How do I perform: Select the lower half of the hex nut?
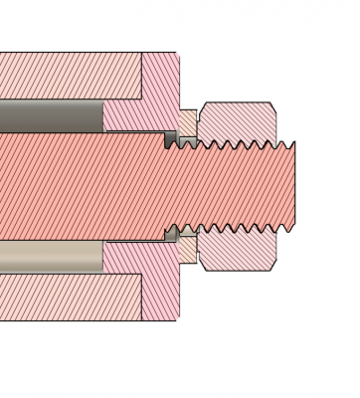[239, 250]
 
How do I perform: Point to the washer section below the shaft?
[187, 249]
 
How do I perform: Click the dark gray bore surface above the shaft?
[50, 115]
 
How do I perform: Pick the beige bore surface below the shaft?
[50, 257]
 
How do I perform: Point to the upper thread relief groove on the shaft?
[171, 140]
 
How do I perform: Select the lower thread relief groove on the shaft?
[171, 233]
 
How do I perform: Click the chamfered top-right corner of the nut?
[271, 106]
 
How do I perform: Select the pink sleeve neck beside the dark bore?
[124, 115]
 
